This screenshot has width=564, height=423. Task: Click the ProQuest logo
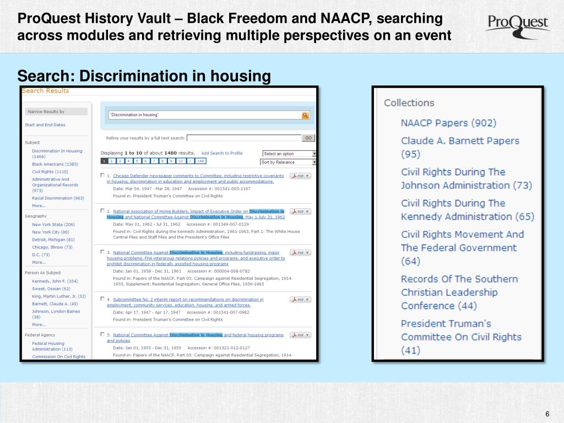click(517, 25)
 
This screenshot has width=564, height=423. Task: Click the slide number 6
click(547, 414)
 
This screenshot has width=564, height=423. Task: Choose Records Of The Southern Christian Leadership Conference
click(459, 292)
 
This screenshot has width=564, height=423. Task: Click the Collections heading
click(409, 103)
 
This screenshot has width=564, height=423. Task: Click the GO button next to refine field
click(308, 138)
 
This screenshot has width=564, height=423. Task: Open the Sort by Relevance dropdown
click(289, 162)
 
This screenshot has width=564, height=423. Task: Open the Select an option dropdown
click(289, 154)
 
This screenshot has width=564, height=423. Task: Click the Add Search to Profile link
click(221, 153)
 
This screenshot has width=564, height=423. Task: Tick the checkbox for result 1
click(102, 176)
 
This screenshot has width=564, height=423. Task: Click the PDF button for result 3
click(300, 253)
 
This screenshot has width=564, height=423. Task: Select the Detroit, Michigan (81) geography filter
click(53, 240)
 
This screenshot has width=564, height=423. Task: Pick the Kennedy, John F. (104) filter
click(55, 281)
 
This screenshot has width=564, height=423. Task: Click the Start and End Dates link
click(45, 125)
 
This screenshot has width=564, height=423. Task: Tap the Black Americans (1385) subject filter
click(55, 164)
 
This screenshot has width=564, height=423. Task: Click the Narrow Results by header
click(47, 112)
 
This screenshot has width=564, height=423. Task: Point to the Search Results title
click(46, 91)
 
